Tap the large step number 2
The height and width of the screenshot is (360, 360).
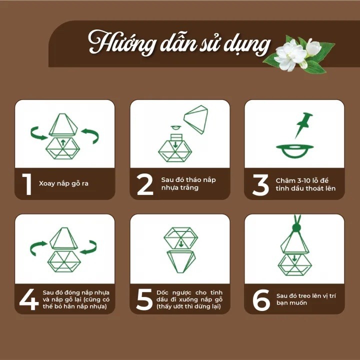coord(145,184)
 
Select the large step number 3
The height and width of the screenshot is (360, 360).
coord(260,184)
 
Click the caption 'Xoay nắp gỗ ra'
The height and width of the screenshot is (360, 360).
coord(63,183)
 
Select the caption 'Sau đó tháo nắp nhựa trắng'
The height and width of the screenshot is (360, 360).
coord(188,183)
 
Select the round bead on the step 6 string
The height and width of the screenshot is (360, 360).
coord(295,228)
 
